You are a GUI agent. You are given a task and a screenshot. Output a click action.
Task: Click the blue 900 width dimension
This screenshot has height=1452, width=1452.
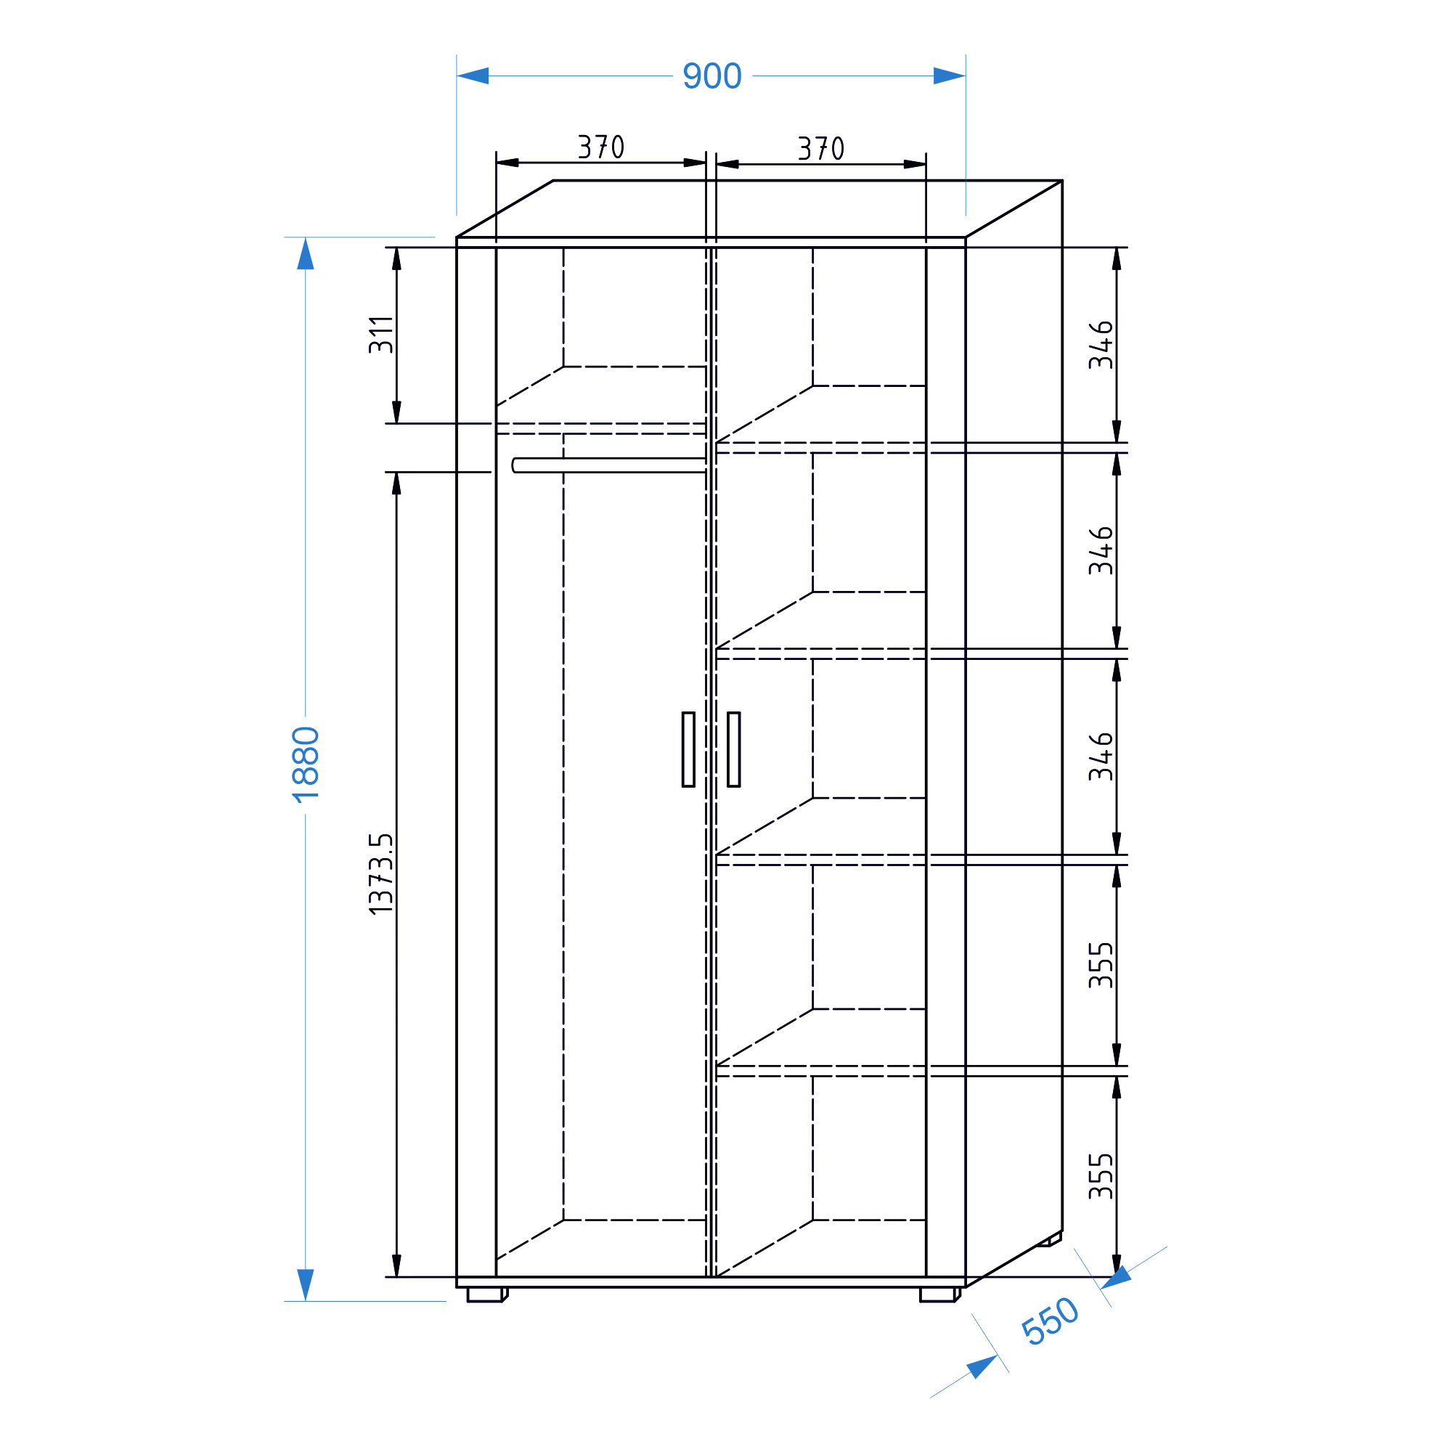click(711, 76)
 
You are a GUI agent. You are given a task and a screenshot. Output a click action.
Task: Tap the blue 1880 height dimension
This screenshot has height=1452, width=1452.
click(306, 764)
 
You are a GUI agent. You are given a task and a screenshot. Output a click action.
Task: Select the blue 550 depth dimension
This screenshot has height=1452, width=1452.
click(1050, 1321)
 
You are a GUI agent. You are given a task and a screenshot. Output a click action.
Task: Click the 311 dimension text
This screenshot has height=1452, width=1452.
click(381, 335)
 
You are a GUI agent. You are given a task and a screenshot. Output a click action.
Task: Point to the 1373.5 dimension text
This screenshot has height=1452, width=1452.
click(381, 873)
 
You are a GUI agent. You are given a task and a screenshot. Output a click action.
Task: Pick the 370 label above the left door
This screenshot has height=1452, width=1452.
click(600, 147)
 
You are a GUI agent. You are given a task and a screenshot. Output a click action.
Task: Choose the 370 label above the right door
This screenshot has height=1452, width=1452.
click(820, 148)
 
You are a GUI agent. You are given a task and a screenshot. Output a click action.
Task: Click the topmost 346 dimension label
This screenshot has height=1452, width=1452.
click(1101, 345)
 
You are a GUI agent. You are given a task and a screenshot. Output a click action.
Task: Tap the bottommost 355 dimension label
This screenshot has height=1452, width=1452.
click(1101, 1176)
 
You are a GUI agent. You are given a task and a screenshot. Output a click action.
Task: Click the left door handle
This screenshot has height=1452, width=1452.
click(688, 749)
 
